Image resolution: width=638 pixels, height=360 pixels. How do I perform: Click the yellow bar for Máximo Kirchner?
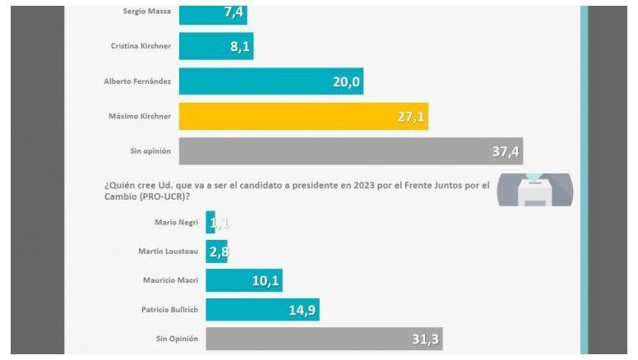(303, 116)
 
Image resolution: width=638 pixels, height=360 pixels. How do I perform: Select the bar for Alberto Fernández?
(270, 81)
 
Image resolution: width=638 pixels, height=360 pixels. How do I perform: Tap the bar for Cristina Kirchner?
(215, 46)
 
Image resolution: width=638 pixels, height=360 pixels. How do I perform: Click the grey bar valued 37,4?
(350, 150)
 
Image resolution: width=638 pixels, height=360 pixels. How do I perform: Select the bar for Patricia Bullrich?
(261, 309)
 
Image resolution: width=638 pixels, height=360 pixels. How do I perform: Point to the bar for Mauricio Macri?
(245, 280)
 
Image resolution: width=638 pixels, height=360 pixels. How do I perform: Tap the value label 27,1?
(409, 117)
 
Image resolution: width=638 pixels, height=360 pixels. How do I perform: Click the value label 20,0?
(344, 81)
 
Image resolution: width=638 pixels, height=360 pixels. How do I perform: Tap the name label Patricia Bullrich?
(167, 309)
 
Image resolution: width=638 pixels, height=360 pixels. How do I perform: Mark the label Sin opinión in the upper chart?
(150, 151)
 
